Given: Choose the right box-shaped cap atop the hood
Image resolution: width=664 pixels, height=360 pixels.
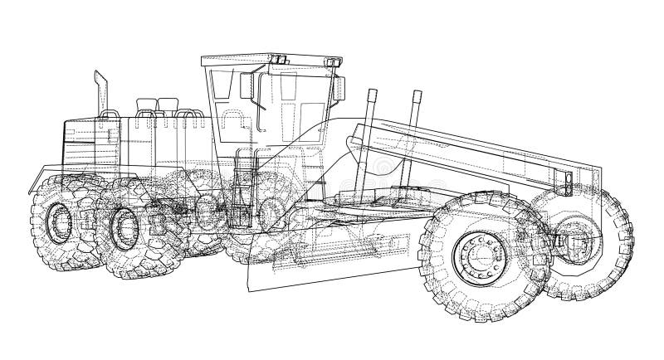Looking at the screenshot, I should pyautogui.click(x=168, y=105).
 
